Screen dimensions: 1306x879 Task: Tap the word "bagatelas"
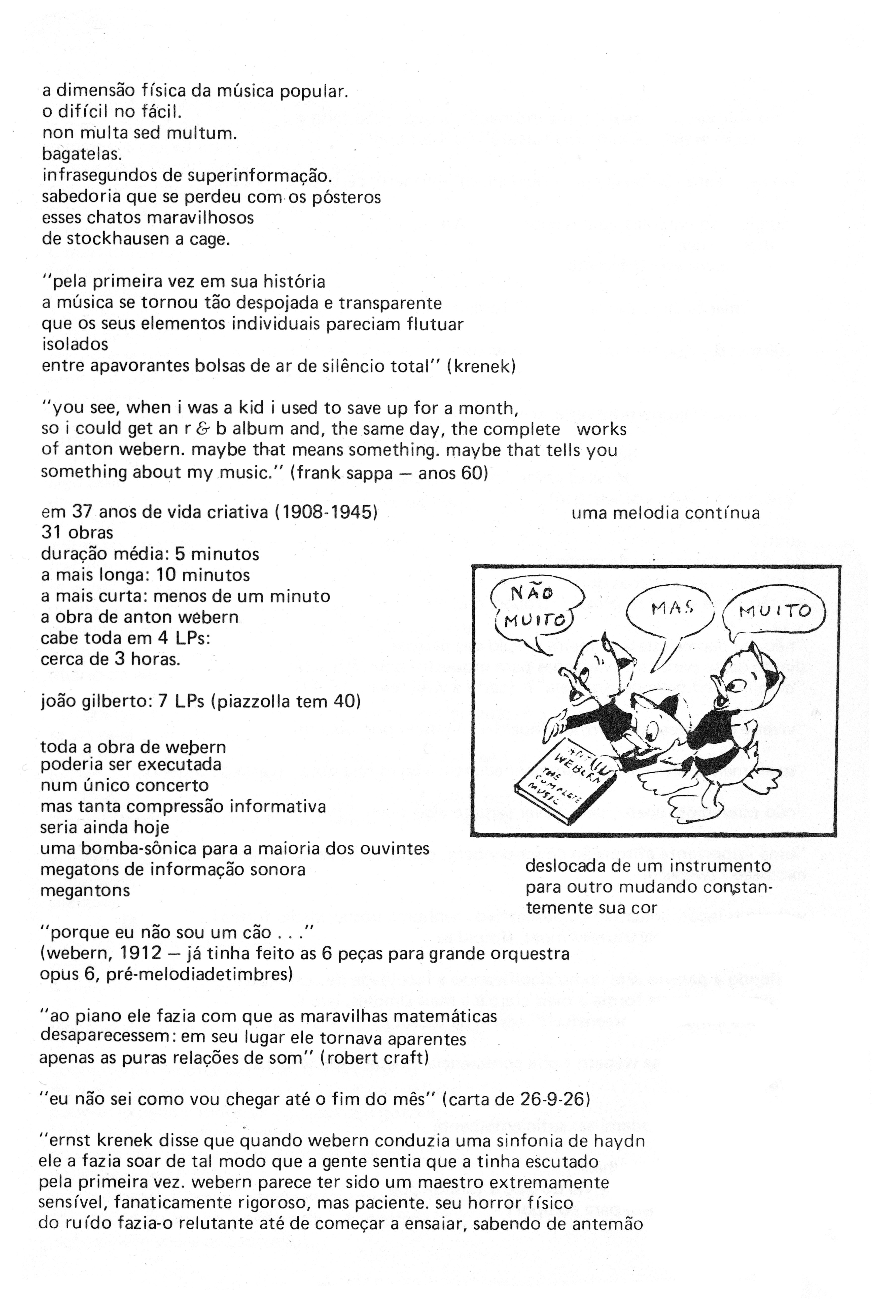click(81, 154)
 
